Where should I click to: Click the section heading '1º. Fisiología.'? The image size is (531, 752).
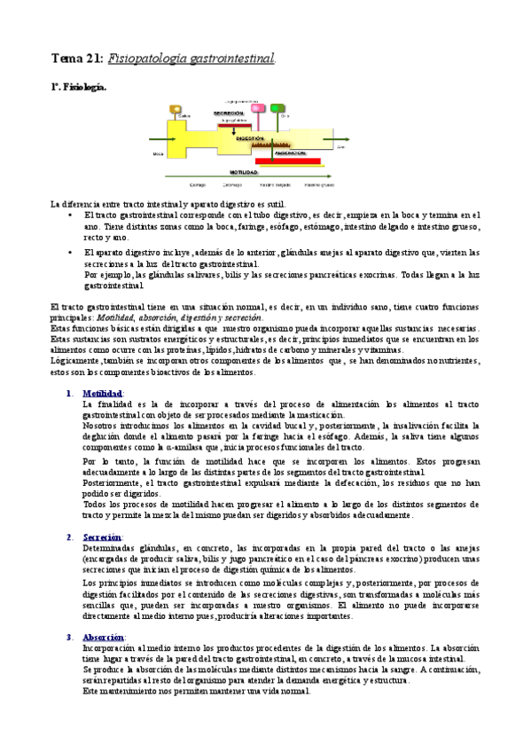tap(78, 88)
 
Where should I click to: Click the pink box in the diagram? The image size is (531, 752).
tap(261, 107)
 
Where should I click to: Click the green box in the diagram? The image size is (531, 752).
tap(277, 107)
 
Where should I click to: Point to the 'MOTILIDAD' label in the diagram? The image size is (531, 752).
tap(243, 172)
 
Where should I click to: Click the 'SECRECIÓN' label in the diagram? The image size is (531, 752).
tap(229, 114)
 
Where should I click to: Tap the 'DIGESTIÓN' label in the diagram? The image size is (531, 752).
tap(251, 139)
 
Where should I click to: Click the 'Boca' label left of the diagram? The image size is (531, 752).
tap(159, 153)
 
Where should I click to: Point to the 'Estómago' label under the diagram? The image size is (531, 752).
tap(232, 184)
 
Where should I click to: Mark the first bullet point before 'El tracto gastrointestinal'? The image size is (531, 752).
tap(70, 215)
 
